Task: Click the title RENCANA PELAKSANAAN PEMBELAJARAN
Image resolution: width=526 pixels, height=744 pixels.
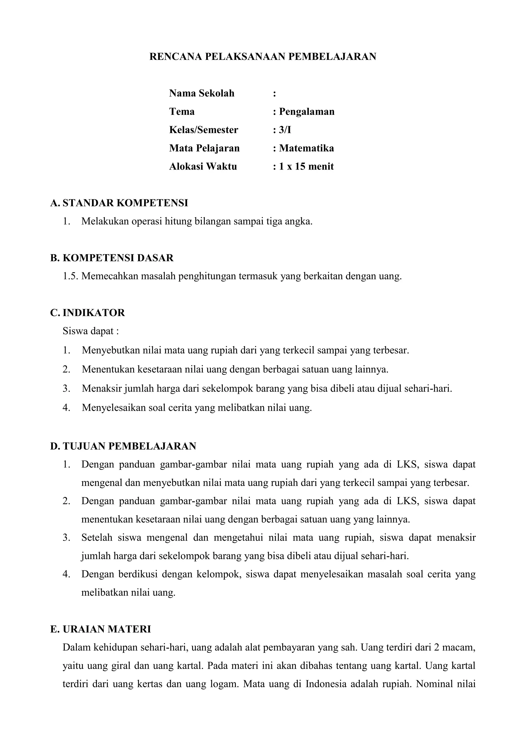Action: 263,57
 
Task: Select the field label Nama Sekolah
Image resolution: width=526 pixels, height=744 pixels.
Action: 201,93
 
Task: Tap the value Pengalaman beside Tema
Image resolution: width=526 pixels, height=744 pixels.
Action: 306,111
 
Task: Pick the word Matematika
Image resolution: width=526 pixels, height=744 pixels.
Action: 306,148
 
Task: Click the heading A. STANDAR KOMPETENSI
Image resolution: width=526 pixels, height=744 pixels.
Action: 119,203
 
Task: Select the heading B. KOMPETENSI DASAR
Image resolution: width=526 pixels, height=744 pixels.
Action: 112,258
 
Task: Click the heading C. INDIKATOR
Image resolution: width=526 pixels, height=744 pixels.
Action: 88,313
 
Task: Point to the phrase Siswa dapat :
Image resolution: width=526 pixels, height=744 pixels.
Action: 91,331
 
